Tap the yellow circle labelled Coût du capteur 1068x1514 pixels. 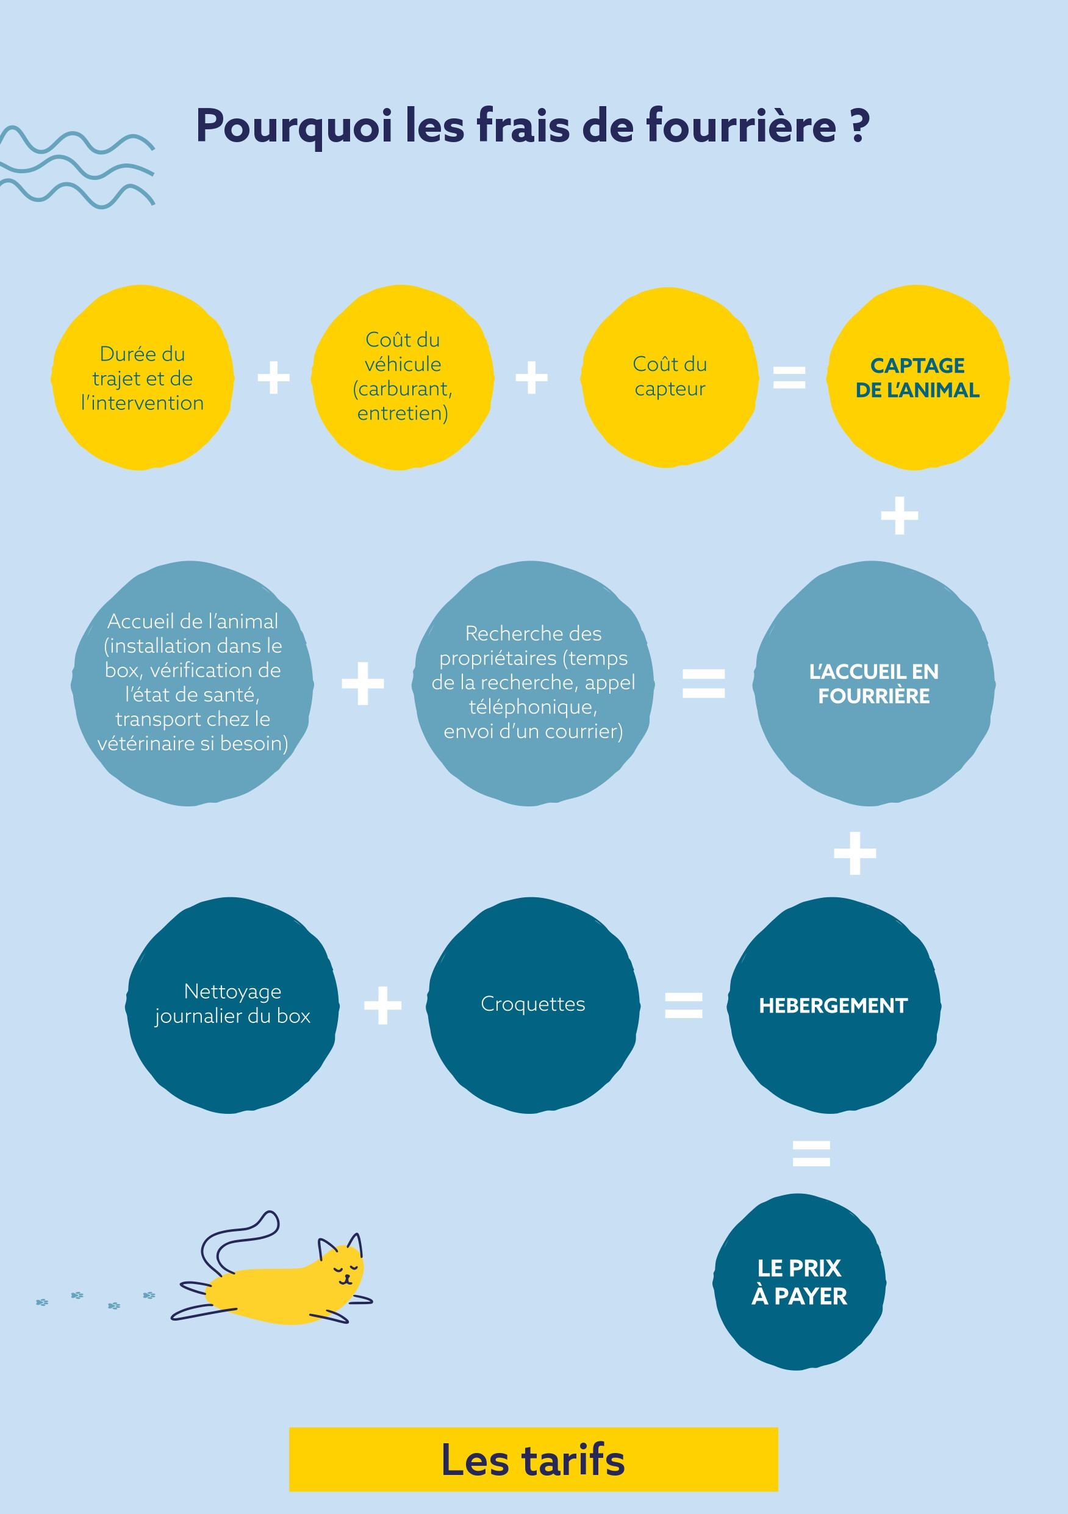point(669,377)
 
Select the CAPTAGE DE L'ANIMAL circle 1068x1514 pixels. point(918,377)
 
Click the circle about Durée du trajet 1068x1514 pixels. point(142,377)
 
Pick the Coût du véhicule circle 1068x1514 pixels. point(402,377)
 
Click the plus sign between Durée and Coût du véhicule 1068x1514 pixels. point(274,378)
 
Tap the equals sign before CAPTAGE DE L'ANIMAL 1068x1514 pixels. point(789,378)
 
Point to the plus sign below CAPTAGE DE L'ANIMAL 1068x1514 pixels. point(899,515)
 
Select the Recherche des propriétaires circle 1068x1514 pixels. point(532,683)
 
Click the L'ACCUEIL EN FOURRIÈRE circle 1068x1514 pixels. point(873,683)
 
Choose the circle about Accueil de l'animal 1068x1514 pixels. point(192,683)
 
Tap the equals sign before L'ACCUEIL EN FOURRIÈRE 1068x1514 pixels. point(703,683)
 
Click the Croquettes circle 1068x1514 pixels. point(532,1005)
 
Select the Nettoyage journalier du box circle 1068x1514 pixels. point(232,1005)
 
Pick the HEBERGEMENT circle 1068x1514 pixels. point(833,1005)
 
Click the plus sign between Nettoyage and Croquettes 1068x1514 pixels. point(383,1005)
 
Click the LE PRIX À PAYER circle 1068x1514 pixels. point(799,1282)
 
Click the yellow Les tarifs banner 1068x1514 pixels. point(533,1459)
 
